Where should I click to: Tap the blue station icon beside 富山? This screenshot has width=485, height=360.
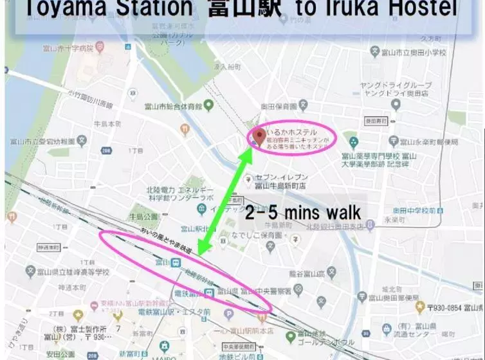pos(176,262)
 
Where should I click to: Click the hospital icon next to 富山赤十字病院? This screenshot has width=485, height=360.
pos(100,47)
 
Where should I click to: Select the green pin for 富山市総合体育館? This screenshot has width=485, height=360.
pos(207,105)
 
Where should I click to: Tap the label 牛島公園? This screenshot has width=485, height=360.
pos(143,216)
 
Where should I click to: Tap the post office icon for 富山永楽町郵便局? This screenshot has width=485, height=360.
pos(394,141)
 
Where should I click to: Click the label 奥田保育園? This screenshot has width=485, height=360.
pos(278,107)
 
